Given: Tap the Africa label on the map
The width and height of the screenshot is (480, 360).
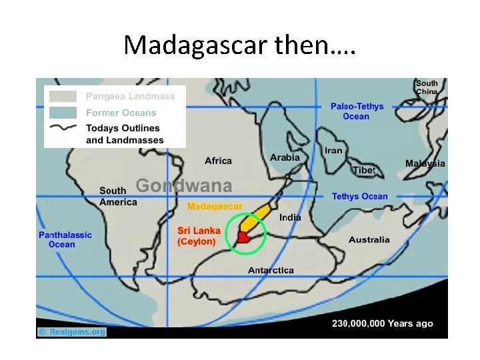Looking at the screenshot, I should [218, 161].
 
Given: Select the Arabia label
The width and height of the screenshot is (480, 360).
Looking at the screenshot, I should [285, 157].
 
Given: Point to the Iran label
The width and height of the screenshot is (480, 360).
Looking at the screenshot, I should [333, 151].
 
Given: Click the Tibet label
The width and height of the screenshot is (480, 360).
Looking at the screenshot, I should [364, 170].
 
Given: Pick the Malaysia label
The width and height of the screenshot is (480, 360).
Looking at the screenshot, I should [425, 163].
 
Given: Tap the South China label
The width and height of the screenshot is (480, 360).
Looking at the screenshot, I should [427, 87].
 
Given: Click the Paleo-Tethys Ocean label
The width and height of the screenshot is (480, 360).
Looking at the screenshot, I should [357, 111].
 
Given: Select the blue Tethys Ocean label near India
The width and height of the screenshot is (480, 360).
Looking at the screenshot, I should [359, 196].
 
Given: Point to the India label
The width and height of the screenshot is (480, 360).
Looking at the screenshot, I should [290, 217].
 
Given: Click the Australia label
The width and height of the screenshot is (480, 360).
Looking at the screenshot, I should [369, 240].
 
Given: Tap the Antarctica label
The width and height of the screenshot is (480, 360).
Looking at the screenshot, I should [271, 270].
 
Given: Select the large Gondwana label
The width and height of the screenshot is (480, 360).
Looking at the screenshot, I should [184, 185].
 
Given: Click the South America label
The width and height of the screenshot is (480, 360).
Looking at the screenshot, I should [118, 197].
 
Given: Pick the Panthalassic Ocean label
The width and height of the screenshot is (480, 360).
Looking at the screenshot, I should [65, 239].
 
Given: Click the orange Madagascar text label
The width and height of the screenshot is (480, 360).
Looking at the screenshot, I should [215, 206].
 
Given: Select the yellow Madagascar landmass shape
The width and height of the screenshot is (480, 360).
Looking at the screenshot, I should [257, 218].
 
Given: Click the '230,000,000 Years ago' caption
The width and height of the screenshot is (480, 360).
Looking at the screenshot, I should [382, 323].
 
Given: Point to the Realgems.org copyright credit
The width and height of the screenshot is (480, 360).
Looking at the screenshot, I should [71, 331].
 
